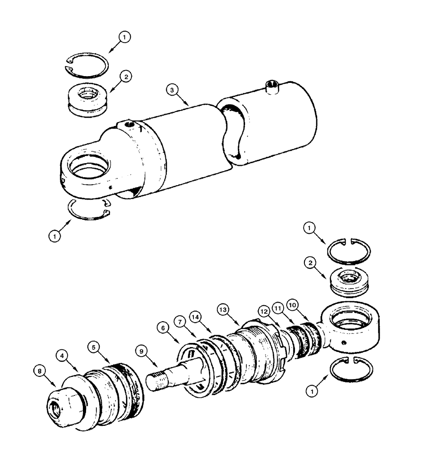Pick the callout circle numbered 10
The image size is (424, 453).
(293, 306)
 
